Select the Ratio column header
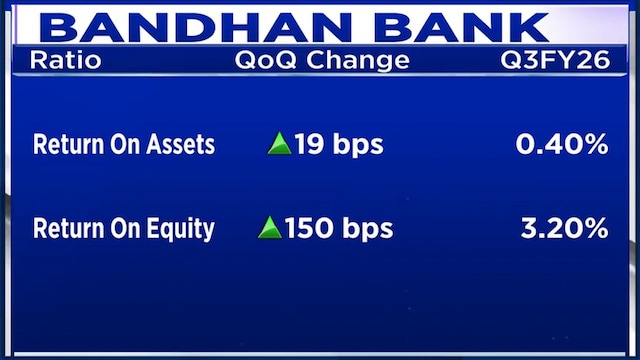pyautogui.click(x=66, y=60)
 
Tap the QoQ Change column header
pyautogui.click(x=322, y=60)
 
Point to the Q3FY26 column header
pyautogui.click(x=555, y=60)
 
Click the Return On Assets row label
pyautogui.click(x=124, y=144)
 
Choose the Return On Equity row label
pyautogui.click(x=124, y=228)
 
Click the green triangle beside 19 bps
pyautogui.click(x=279, y=144)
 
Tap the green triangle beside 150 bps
pyautogui.click(x=269, y=228)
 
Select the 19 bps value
pyautogui.click(x=339, y=144)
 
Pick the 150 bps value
pyautogui.click(x=339, y=228)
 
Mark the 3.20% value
pyautogui.click(x=565, y=228)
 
